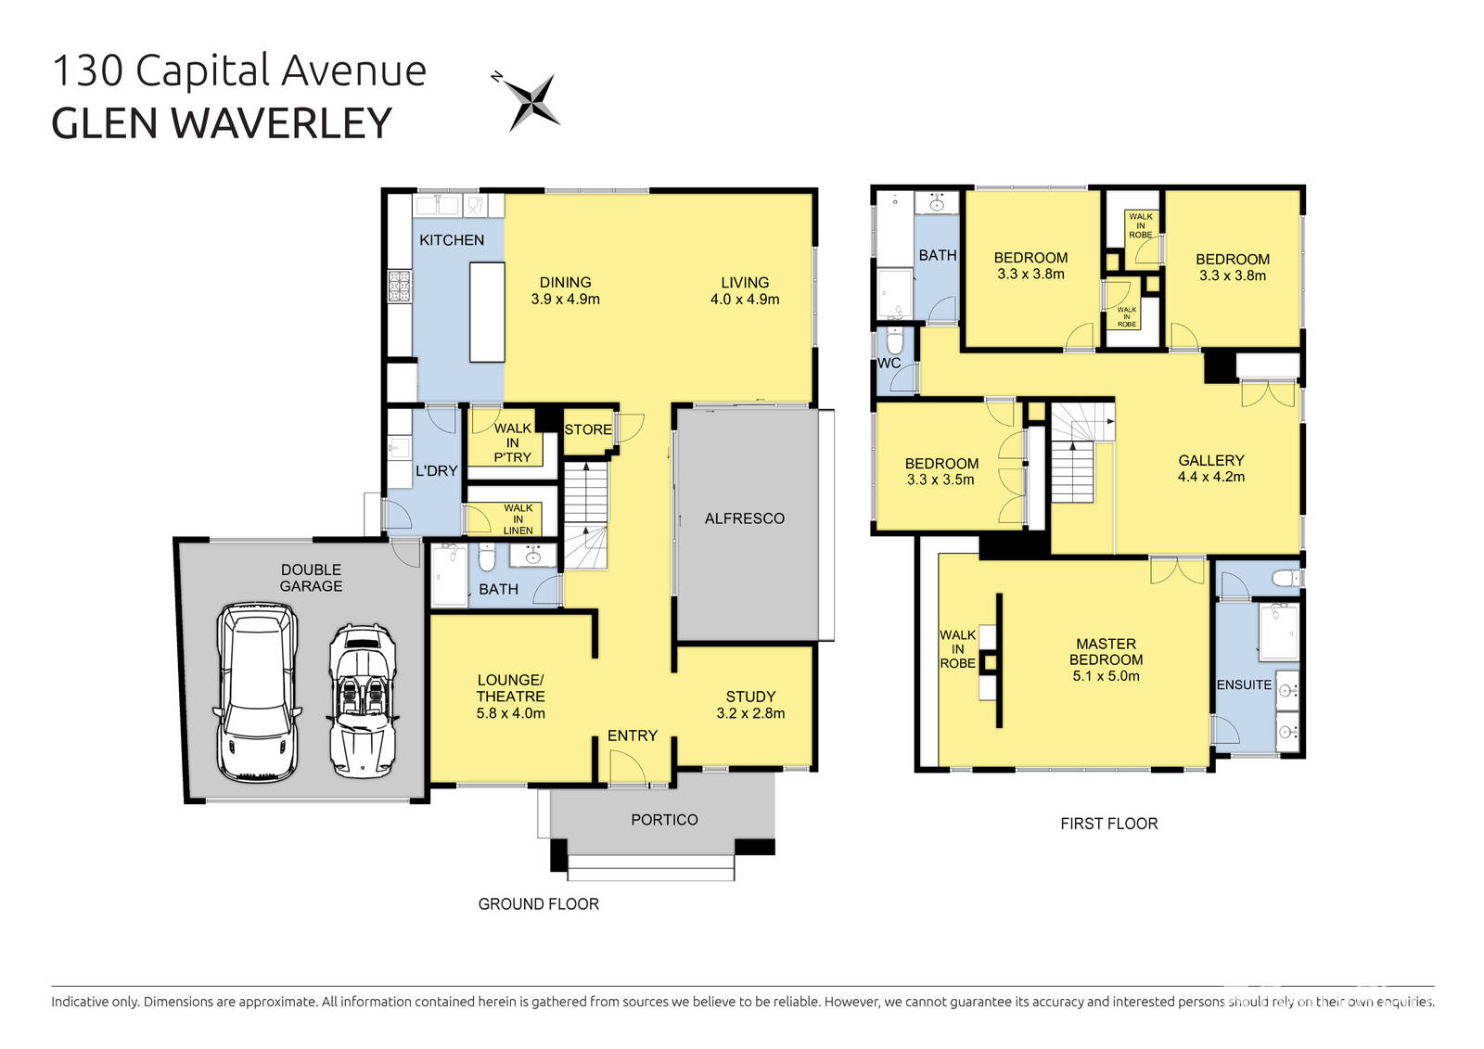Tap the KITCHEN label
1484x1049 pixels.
(452, 240)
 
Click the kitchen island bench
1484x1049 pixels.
(487, 312)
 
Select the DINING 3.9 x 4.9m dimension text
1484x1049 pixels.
(565, 300)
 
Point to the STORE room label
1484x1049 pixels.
(588, 429)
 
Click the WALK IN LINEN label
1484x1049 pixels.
(518, 519)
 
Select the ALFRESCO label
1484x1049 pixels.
(744, 518)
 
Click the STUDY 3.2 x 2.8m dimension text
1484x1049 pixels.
(750, 713)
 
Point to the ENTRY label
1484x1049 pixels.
(633, 736)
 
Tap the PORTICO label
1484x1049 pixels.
(664, 820)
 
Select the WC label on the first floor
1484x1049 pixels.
(889, 364)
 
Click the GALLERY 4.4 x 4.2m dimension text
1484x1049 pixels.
(1210, 477)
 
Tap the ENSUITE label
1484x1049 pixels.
(1244, 684)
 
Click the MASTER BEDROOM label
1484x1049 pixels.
(1106, 652)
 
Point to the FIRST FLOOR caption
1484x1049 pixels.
(1108, 824)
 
